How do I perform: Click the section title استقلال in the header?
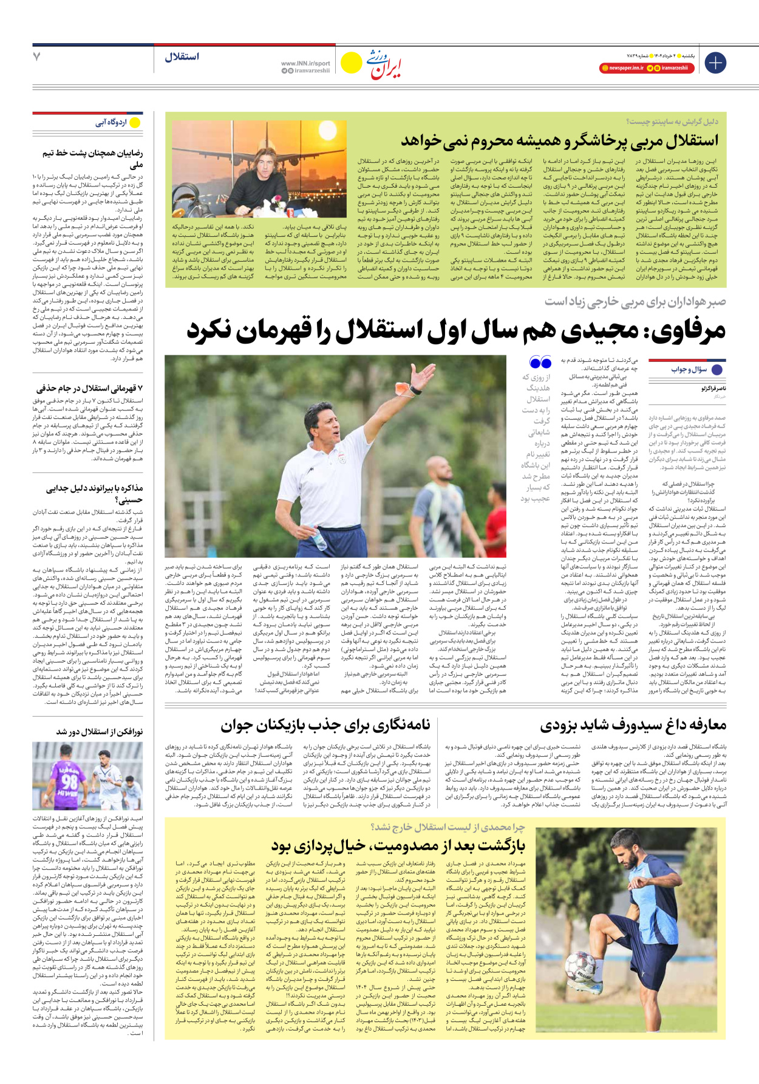[x=182, y=57]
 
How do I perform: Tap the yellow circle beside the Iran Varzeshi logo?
[x=351, y=63]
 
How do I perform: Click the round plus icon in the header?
[x=715, y=63]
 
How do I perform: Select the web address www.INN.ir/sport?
[x=305, y=63]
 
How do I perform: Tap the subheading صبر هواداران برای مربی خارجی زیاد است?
[x=635, y=301]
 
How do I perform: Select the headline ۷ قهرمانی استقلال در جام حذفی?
[x=89, y=388]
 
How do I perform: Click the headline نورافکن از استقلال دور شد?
[x=100, y=732]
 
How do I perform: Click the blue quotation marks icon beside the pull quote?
[x=540, y=363]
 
